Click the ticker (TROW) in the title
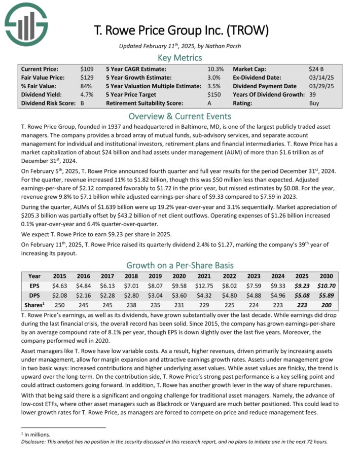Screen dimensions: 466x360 (246, 30)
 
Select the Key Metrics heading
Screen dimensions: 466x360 (180, 57)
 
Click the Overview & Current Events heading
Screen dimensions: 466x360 (180, 116)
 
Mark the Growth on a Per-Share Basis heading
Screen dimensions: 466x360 (180, 265)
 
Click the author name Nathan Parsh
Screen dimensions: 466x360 (224, 46)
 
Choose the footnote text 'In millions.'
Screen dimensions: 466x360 (34, 434)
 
